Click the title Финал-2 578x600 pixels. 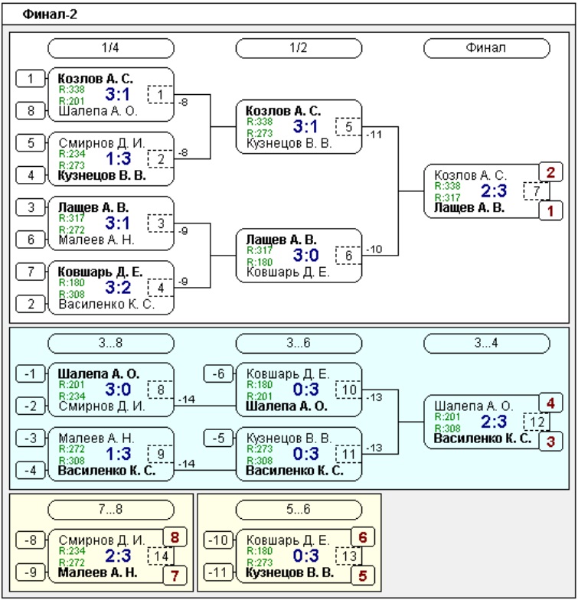click(x=50, y=15)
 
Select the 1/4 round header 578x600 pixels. click(x=110, y=47)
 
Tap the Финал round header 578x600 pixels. click(x=487, y=47)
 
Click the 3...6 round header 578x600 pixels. click(x=299, y=343)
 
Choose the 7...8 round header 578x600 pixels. click(x=110, y=510)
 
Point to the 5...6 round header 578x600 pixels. click(x=299, y=510)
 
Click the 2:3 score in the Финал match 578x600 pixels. click(x=494, y=191)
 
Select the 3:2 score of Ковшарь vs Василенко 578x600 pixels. click(x=118, y=288)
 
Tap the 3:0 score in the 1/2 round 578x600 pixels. click(x=306, y=256)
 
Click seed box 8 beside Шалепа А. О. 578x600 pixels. click(x=31, y=111)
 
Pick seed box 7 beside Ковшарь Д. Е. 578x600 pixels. click(x=31, y=272)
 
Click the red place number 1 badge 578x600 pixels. click(x=551, y=210)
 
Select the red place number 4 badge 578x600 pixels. click(x=551, y=403)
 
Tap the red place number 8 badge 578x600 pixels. click(x=175, y=537)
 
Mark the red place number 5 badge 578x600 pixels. click(x=363, y=576)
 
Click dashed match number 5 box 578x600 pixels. click(x=348, y=127)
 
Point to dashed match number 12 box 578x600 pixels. click(x=536, y=422)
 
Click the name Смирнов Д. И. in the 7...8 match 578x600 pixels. click(x=102, y=540)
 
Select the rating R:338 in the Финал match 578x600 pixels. click(x=447, y=187)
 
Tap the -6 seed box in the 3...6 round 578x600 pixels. click(x=219, y=373)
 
